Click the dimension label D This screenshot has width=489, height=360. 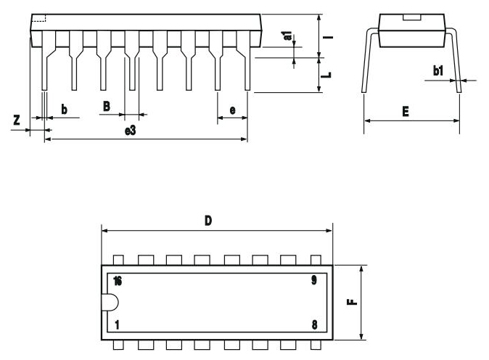pos(208,220)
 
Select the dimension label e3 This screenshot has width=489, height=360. pos(130,131)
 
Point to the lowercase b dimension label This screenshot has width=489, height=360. pos(64,110)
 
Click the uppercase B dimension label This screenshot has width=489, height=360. pos(106,106)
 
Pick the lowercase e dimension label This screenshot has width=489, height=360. pos(232,110)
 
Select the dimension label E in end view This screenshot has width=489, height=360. pos(406,112)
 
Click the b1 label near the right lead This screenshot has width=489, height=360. pos(437,70)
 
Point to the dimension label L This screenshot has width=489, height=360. pos(328,74)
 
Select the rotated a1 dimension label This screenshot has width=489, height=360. pos(287,36)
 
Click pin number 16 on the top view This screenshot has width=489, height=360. pos(118,280)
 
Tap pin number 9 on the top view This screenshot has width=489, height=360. pos(313,280)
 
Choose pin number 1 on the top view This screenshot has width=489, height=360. pos(117,324)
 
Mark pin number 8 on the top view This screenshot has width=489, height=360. pos(313,324)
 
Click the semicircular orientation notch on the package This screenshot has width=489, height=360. pos(109,302)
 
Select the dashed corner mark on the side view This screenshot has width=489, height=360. pos(40,20)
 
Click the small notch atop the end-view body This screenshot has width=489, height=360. pos(411,16)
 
